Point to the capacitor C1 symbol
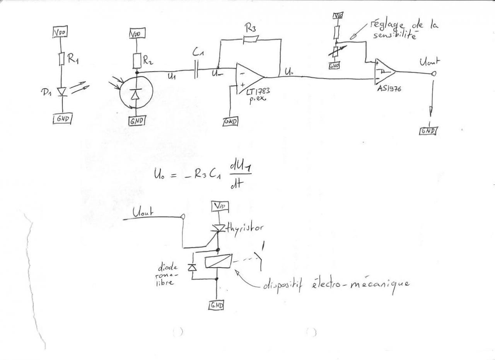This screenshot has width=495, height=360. pos(196,72)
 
